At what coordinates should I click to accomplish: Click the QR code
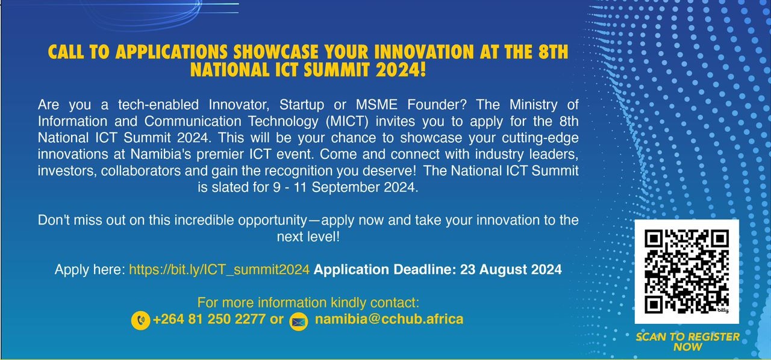coord(687,272)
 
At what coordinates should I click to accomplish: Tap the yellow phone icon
coord(140,320)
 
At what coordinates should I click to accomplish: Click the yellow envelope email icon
coord(298,322)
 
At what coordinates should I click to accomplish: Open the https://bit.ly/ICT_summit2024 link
coord(219,270)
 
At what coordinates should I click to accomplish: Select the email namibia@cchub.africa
coord(389,319)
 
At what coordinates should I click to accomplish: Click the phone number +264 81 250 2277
coord(209,319)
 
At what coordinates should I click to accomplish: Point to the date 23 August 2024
coord(511,269)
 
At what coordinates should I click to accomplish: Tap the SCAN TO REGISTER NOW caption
coord(687,342)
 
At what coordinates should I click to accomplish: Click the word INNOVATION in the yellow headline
coord(424,52)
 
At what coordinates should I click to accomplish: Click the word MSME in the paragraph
coord(376,105)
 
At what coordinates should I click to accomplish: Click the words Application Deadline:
coord(385,270)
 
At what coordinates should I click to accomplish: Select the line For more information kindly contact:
coord(308,303)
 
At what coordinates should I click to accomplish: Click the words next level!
coord(308,237)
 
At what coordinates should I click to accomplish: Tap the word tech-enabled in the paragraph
coord(158,105)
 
